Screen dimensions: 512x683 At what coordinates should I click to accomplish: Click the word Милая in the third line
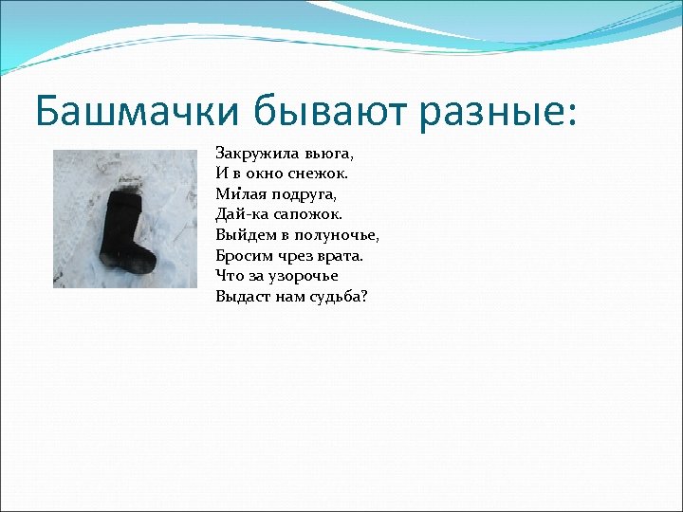[x=237, y=194]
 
